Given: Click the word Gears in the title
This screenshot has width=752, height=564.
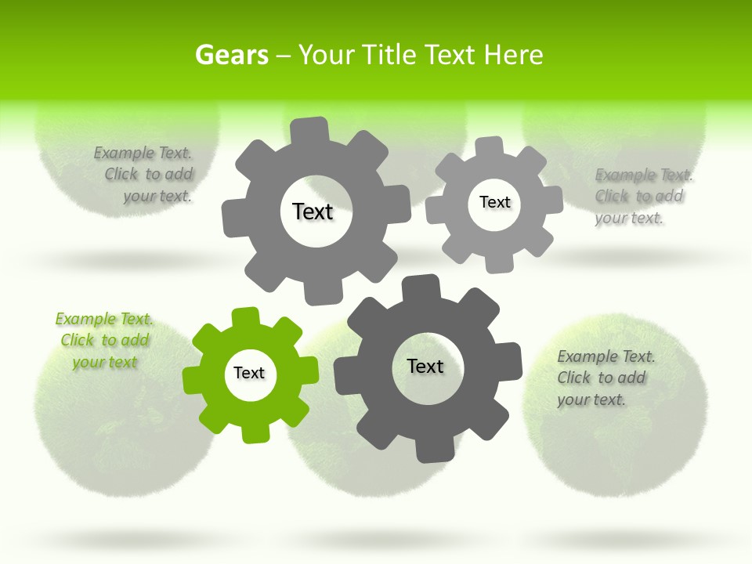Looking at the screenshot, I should point(231,55).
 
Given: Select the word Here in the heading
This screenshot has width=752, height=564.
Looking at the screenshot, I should point(513,55).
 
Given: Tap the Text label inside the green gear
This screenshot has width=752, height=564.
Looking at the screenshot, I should point(249,374).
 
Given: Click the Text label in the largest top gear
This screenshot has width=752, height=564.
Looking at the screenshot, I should point(313,211).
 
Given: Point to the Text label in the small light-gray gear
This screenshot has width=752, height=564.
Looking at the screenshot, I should point(494,202).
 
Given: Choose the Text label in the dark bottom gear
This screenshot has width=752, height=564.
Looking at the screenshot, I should point(425,367).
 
